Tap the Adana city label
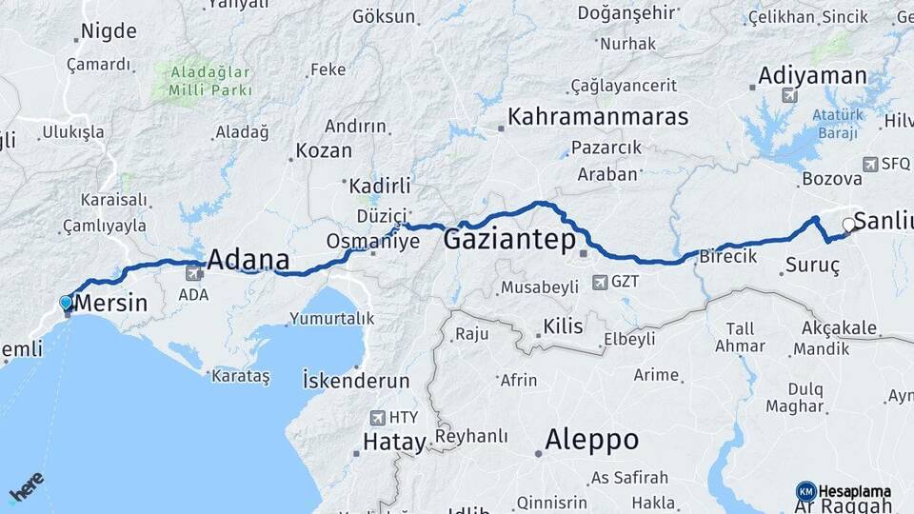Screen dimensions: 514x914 click(248, 259)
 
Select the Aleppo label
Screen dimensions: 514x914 click(591, 440)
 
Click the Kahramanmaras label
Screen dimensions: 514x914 click(598, 117)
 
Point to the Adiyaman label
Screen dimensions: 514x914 click(812, 75)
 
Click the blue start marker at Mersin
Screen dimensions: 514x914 click(66, 303)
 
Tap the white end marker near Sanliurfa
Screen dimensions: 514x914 click(848, 225)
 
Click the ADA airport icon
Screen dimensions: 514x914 click(194, 273)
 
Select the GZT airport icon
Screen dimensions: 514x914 click(600, 282)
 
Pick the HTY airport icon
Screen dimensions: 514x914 click(377, 417)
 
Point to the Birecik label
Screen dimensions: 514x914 click(727, 257)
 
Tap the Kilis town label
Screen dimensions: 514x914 click(562, 326)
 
